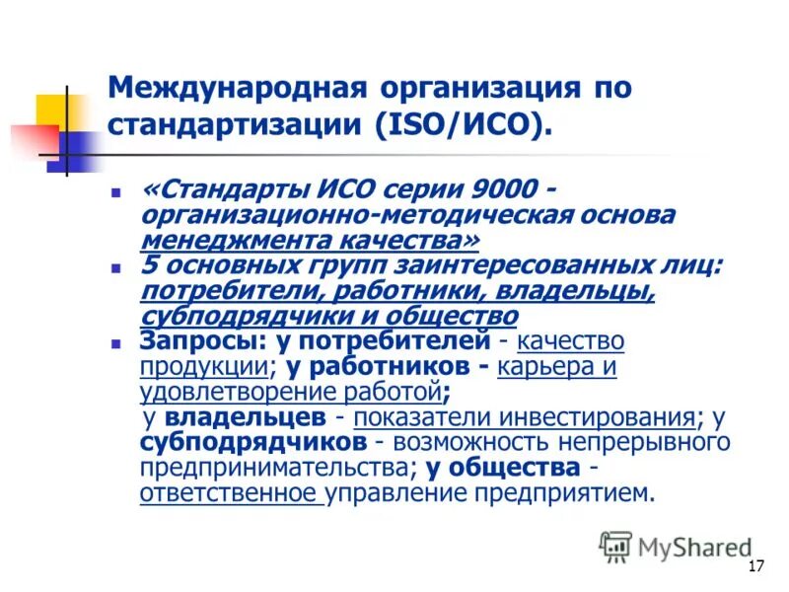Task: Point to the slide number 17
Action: point(756,565)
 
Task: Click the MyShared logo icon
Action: point(615,546)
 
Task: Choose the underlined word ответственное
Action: point(229,492)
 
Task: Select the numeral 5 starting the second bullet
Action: point(149,264)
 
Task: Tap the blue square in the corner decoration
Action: point(73,148)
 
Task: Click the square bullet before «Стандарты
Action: point(115,187)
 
